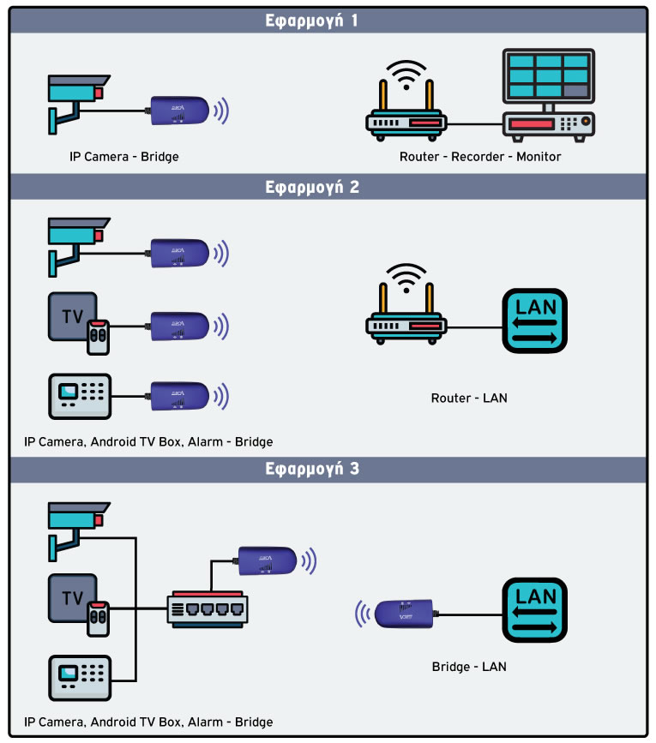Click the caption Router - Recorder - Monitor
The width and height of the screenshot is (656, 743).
(480, 158)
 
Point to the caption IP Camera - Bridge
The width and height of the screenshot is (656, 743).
(124, 158)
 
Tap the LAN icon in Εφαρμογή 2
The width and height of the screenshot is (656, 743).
(535, 320)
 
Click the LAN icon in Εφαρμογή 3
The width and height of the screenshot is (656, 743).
(535, 611)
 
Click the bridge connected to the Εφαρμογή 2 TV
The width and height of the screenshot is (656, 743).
(179, 325)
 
